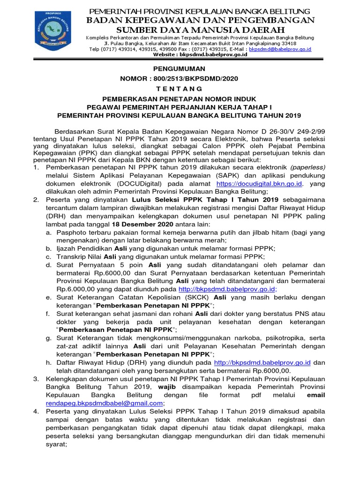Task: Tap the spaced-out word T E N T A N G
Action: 180,89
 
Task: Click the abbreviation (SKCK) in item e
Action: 199,297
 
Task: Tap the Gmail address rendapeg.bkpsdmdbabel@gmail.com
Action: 105,403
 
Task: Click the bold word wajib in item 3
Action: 173,387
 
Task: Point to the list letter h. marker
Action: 49,362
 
